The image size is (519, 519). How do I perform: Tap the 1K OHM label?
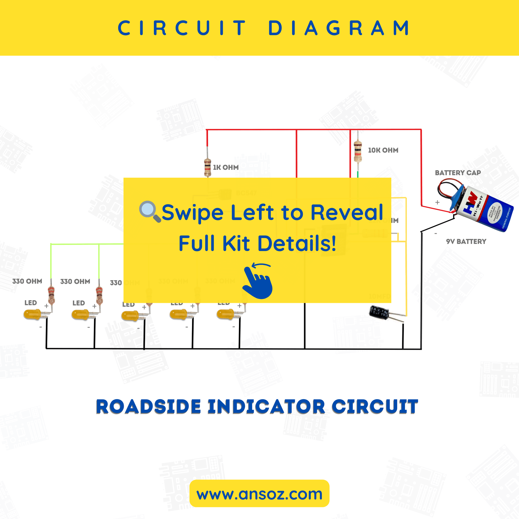pyautogui.click(x=226, y=167)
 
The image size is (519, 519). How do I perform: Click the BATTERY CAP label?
pyautogui.click(x=458, y=173)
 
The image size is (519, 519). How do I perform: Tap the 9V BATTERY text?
pyautogui.click(x=466, y=242)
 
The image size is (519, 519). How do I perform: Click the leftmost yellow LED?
pyautogui.click(x=32, y=314)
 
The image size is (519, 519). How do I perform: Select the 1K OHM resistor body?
pyautogui.click(x=207, y=167)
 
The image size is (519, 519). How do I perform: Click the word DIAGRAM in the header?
pyautogui.click(x=339, y=28)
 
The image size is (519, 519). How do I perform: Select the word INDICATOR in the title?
pyautogui.click(x=266, y=407)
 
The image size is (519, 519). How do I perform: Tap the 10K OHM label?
pyautogui.click(x=383, y=150)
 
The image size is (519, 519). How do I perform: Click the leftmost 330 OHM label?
pyautogui.click(x=27, y=281)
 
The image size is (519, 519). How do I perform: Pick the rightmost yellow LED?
pyautogui.click(x=225, y=314)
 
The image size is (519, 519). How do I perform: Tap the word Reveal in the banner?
pyautogui.click(x=346, y=213)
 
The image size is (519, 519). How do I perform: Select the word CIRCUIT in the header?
pyautogui.click(x=182, y=28)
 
